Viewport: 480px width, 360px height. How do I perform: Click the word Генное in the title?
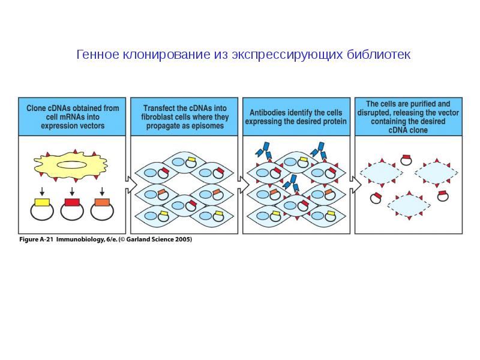point(97,55)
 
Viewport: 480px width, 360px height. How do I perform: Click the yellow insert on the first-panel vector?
point(42,202)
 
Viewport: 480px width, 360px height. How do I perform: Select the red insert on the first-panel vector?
point(72,202)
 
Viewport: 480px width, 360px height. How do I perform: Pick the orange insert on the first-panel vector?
point(101,202)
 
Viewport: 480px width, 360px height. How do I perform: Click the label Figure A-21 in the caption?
point(37,239)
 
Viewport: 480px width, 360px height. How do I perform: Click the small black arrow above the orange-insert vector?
point(102,191)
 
